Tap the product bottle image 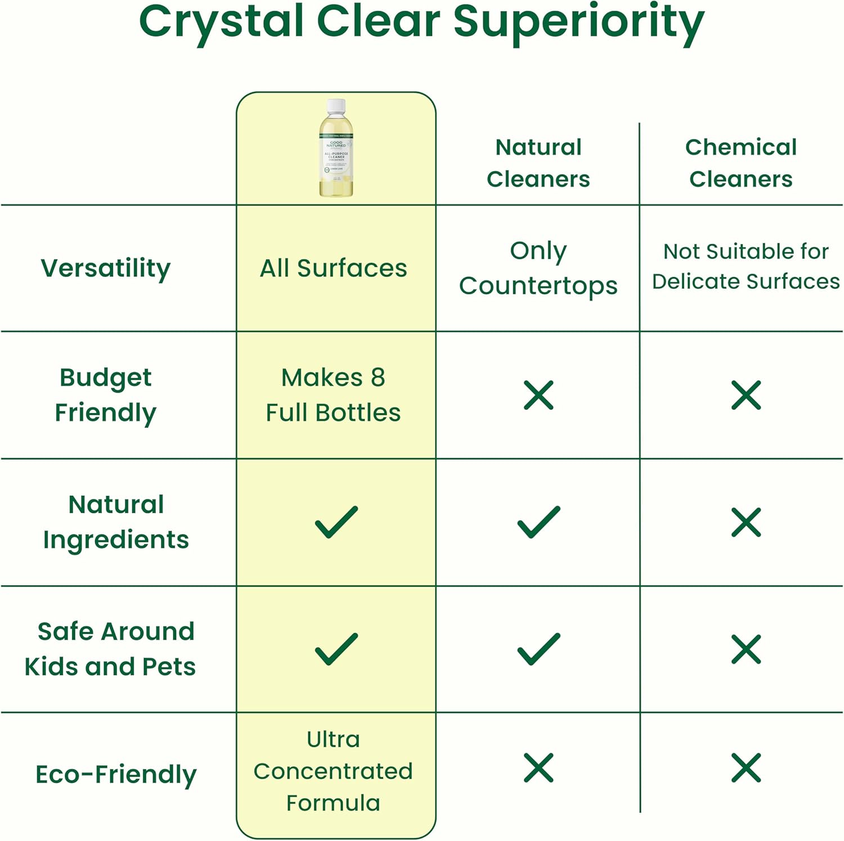336,149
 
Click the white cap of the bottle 336,105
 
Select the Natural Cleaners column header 538,163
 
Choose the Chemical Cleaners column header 740,163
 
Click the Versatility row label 105,268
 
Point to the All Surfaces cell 333,268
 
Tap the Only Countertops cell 538,268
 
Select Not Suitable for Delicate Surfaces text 746,266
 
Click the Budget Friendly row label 105,395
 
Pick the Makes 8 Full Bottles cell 333,395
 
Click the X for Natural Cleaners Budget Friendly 538,395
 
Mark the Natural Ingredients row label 116,522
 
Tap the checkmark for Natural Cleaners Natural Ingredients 538,522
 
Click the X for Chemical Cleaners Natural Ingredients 746,522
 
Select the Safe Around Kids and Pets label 110,648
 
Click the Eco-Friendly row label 116,774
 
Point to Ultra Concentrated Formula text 333,771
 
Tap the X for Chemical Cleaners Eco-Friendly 746,768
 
